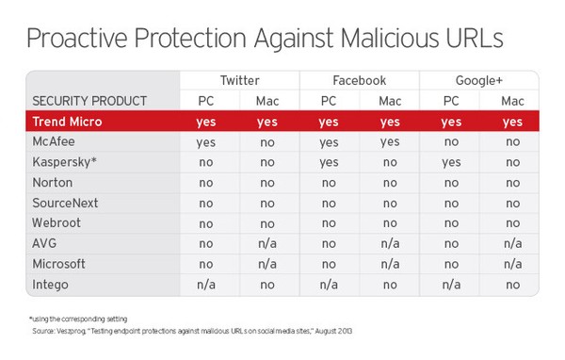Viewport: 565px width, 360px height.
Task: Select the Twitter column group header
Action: click(x=239, y=80)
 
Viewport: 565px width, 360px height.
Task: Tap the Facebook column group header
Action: click(x=359, y=80)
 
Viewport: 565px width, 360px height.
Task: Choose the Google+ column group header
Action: click(x=479, y=80)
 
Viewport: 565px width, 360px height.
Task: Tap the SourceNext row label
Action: click(x=65, y=203)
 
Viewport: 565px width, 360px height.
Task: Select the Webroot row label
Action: click(x=57, y=222)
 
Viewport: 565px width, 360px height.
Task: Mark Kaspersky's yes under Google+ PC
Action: click(x=450, y=161)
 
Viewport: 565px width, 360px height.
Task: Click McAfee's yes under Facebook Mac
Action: click(x=389, y=141)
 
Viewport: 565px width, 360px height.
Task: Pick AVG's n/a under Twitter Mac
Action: click(x=268, y=242)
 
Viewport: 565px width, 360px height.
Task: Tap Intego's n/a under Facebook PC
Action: click(x=329, y=283)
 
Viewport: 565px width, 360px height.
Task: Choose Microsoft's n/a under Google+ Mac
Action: click(x=511, y=263)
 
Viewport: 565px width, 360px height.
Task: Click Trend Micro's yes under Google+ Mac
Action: click(x=511, y=122)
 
